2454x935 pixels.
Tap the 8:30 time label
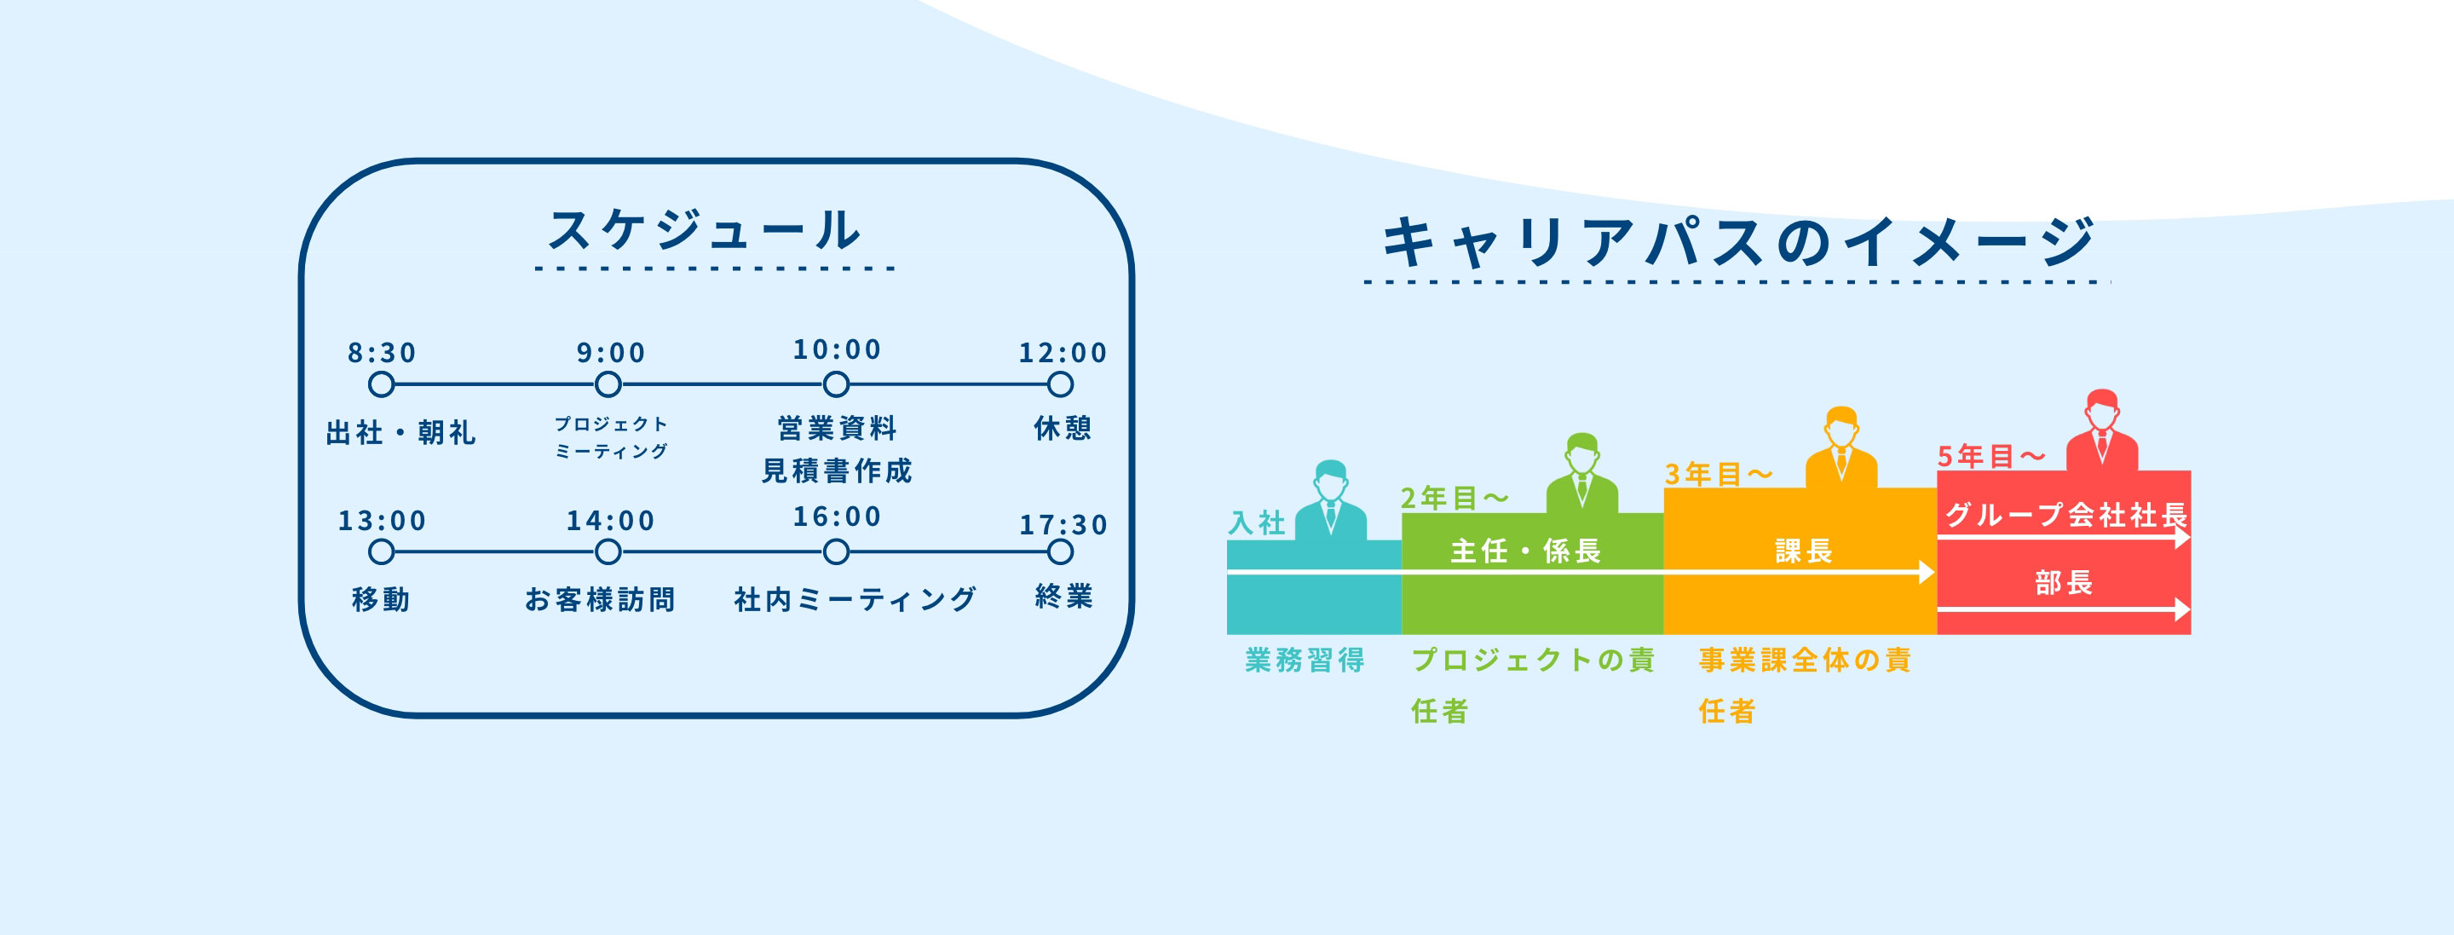(382, 353)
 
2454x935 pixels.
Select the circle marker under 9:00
(608, 385)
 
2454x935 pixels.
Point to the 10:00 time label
(838, 349)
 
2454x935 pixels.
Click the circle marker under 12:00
(1060, 385)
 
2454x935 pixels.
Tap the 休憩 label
(1063, 428)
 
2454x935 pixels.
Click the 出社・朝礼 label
(401, 433)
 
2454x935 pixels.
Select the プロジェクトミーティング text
(612, 437)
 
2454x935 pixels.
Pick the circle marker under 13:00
(381, 551)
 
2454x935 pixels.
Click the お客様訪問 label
(600, 599)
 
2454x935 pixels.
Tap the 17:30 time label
(1063, 525)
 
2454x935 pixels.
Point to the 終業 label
(1064, 597)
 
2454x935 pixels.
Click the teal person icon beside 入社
(1331, 500)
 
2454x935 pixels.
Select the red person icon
(2101, 430)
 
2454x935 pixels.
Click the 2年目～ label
(1455, 498)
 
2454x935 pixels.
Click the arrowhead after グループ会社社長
(2182, 538)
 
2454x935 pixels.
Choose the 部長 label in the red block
(2064, 582)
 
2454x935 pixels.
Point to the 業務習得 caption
(1305, 660)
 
